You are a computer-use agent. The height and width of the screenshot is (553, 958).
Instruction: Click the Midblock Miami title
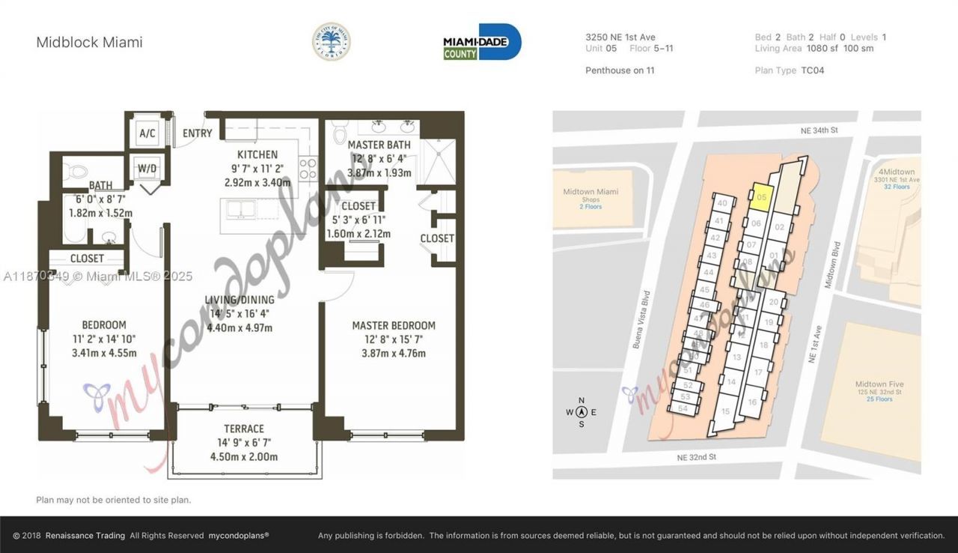89,43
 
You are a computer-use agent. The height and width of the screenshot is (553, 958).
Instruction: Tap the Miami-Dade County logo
482,42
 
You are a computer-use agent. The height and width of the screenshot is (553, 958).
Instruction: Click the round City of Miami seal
331,41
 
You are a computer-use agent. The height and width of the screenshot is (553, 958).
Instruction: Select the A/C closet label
147,134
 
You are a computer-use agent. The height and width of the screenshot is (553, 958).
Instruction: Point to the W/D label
147,169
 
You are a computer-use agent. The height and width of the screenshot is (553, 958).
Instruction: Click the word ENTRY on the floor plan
198,133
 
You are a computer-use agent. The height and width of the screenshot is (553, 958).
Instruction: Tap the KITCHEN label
257,154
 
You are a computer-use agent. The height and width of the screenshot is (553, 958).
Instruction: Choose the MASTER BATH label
378,145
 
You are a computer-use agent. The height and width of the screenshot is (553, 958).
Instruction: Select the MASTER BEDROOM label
394,325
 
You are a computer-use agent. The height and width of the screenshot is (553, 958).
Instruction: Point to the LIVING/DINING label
239,300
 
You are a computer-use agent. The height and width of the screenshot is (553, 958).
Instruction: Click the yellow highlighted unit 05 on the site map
760,196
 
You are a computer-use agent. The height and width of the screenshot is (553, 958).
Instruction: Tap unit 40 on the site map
721,203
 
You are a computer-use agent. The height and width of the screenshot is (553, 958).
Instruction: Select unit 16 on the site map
752,402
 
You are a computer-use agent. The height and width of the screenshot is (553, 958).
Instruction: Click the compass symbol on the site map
582,412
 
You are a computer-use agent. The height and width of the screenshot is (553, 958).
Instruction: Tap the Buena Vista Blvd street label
638,319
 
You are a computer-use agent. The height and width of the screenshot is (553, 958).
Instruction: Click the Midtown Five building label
876,384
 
